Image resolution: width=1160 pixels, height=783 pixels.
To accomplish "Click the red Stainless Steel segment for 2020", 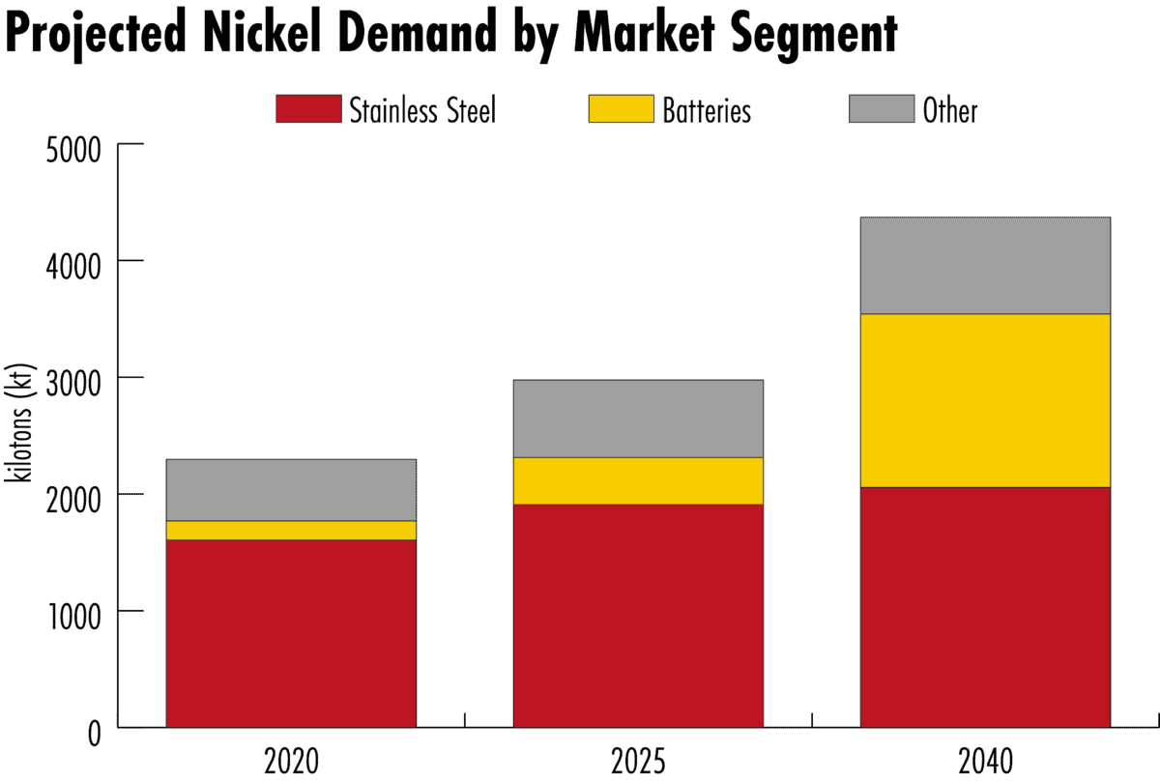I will (291, 633).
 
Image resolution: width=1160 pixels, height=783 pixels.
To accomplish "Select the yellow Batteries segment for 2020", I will (291, 530).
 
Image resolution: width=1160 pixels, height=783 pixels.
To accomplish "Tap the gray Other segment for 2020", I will (291, 489).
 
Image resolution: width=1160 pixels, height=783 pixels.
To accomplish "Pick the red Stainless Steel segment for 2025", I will (638, 616).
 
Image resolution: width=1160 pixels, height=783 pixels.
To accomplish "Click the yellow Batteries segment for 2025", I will (638, 480).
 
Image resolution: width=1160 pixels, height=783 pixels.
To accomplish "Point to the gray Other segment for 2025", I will (638, 419).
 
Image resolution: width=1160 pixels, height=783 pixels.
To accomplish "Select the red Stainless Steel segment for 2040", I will (985, 607).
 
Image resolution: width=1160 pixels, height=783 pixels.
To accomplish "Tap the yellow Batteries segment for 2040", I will (985, 400).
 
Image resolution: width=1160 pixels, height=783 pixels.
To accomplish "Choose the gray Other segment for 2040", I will (985, 266).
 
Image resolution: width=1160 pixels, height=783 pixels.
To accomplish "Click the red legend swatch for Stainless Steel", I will (308, 109).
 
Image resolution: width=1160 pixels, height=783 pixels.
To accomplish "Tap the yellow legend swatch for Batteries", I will (620, 109).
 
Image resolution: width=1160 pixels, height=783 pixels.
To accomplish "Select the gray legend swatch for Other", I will (882, 109).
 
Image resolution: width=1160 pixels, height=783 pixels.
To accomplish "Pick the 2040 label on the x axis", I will (985, 762).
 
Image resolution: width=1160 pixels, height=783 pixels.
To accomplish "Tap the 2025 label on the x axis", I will (638, 762).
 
